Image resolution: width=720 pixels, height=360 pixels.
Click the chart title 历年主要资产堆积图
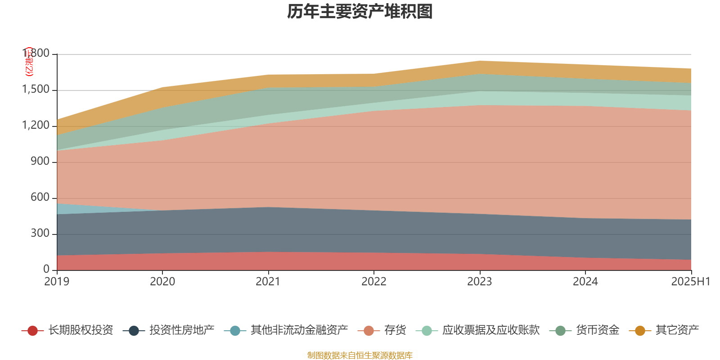[x=360, y=12]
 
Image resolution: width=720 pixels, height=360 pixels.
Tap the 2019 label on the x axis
[x=57, y=282]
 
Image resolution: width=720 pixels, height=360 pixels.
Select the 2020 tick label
[x=162, y=282]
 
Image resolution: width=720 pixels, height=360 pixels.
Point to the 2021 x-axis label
[x=268, y=282]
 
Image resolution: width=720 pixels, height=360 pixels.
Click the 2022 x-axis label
[x=374, y=282]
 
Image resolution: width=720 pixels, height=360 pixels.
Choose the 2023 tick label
[x=480, y=282]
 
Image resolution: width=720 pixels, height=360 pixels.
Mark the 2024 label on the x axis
[x=585, y=282]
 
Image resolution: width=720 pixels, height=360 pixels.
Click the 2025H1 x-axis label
[x=690, y=282]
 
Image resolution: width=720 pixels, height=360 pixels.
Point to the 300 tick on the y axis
[x=40, y=234]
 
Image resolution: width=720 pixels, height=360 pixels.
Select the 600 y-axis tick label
[x=40, y=198]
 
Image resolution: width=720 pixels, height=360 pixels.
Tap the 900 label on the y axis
[x=40, y=162]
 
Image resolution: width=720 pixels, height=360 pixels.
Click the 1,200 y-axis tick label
[x=36, y=126]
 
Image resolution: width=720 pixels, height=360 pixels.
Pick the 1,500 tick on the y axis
[x=36, y=90]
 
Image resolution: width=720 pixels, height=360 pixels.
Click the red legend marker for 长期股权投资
[x=32, y=331]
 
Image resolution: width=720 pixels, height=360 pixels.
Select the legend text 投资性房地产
[x=182, y=330]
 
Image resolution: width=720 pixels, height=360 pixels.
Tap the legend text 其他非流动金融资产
[x=299, y=330]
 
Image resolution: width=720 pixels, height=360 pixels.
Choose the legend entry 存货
[x=395, y=330]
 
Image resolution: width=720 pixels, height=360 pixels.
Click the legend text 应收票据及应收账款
[x=490, y=330]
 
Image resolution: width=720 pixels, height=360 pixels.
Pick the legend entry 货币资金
[x=598, y=330]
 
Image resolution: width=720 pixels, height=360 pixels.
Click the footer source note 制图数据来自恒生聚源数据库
[x=360, y=355]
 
